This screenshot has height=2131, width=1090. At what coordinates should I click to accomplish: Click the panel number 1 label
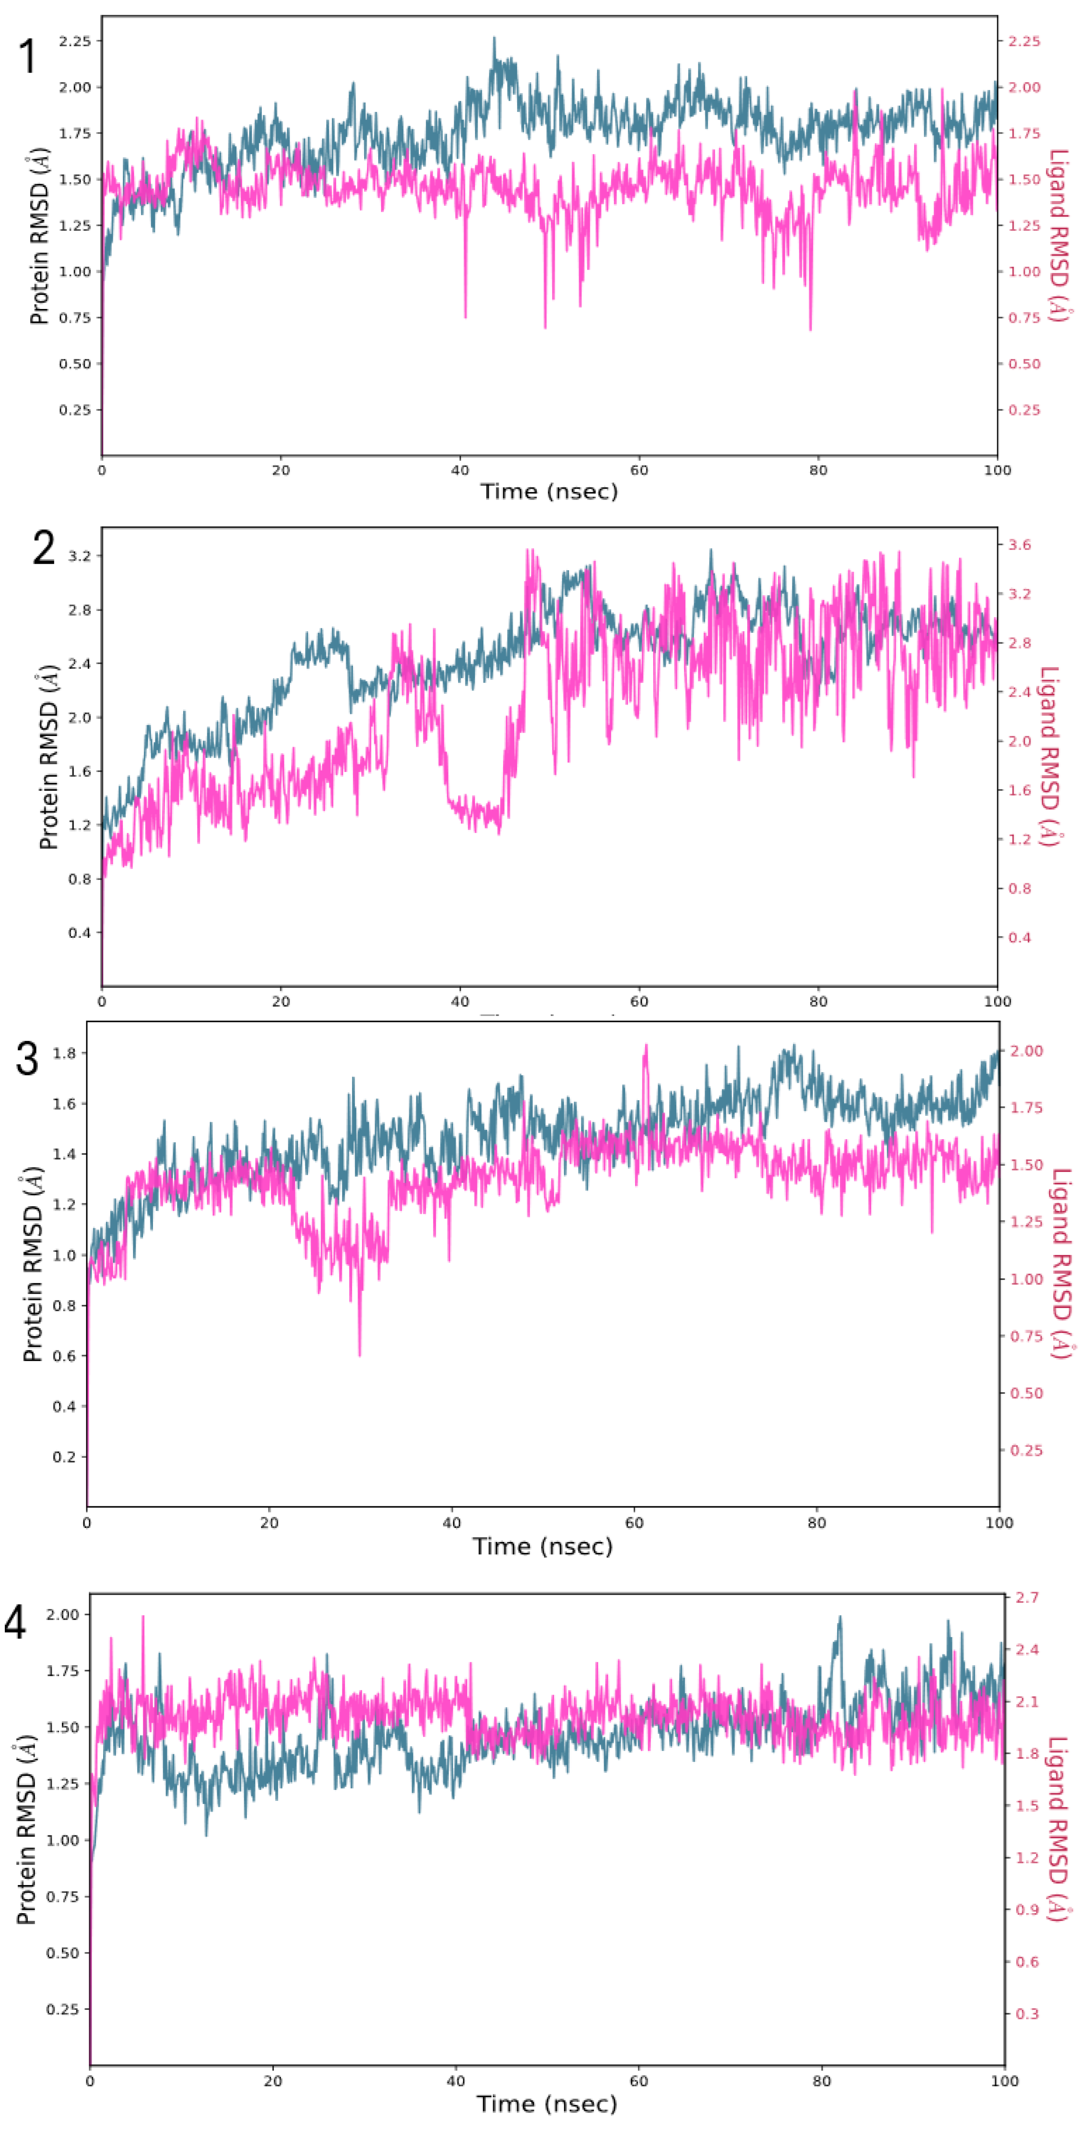[27, 56]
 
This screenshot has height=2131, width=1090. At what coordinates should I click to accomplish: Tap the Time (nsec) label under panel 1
[549, 492]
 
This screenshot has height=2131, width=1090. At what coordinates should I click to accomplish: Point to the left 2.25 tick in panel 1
[75, 41]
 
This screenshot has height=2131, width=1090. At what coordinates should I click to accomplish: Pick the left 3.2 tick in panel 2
[79, 556]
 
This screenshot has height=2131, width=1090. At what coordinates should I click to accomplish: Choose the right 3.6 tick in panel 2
[1020, 544]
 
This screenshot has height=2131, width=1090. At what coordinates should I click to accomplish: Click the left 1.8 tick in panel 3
[65, 1053]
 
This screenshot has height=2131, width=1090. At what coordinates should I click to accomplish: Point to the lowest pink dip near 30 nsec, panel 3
[359, 1354]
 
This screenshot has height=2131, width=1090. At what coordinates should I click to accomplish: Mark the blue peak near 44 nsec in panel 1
[494, 38]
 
